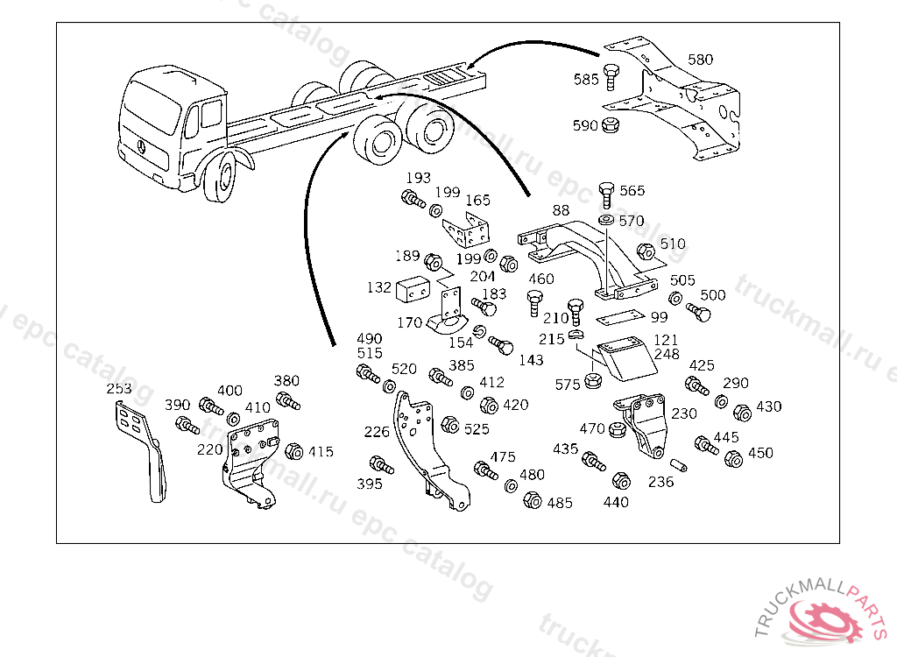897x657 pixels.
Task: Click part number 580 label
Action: tap(700, 60)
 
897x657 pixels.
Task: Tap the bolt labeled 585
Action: tap(611, 78)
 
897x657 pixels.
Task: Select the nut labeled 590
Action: tap(611, 125)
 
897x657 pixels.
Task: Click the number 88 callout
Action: tap(561, 210)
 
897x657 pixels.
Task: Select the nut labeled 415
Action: tap(294, 452)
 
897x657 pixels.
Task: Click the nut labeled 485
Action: tap(532, 501)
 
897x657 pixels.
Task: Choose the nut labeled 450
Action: tap(734, 459)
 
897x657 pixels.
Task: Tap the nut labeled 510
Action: tap(645, 252)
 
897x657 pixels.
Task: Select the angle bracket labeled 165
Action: tap(474, 230)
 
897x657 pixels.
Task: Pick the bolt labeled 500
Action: tap(696, 312)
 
